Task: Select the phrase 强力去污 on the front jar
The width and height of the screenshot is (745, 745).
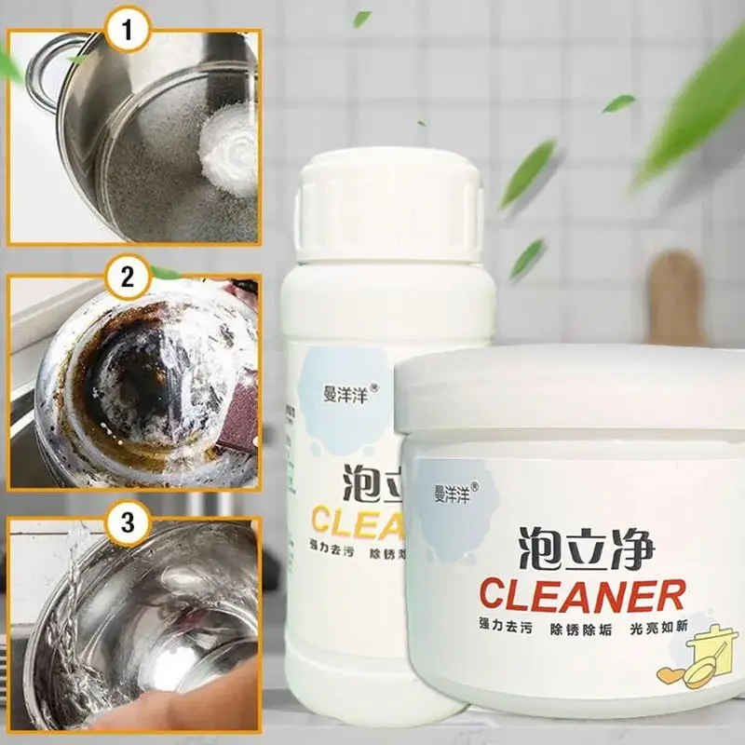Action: [479, 627]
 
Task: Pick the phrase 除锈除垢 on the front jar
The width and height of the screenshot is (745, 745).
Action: [568, 627]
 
